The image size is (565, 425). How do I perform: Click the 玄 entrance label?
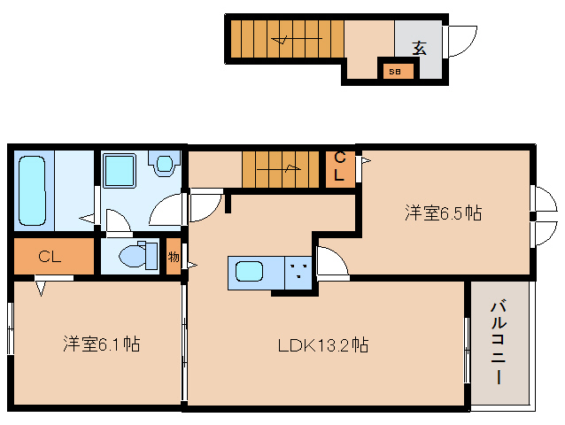[x=420, y=48]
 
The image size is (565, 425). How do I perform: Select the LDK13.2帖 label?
[x=323, y=345]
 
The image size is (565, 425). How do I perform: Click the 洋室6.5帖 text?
[x=443, y=212]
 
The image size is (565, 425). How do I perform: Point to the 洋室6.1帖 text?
[x=102, y=344]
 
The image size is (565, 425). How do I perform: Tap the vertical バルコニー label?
[x=499, y=343]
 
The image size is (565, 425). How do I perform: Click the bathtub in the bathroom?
[x=33, y=190]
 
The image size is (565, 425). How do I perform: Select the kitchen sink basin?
[x=249, y=271]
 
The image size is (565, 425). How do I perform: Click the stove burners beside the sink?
[x=298, y=273]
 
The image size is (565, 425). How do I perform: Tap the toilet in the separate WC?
[x=138, y=256]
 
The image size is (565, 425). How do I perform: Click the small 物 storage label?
[x=174, y=257]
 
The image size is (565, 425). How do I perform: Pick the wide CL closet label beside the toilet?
[x=50, y=257]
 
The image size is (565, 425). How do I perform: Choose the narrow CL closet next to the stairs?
[x=340, y=169]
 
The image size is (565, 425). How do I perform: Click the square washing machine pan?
[x=120, y=171]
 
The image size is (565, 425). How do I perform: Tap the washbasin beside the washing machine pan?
[x=165, y=164]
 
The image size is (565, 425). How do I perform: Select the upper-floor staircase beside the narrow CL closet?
[x=281, y=169]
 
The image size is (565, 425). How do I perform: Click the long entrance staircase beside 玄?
[x=287, y=39]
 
